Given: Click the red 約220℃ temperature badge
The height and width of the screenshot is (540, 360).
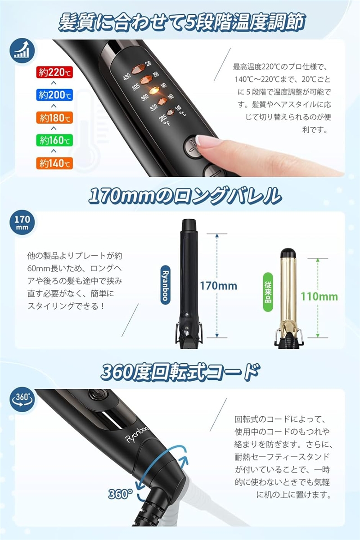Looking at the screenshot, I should [54, 72].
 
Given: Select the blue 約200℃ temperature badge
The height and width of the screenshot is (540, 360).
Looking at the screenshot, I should [54, 95].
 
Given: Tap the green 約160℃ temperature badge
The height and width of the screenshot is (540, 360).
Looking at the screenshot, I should [54, 140].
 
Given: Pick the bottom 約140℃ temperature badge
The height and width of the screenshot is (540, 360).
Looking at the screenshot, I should [54, 163].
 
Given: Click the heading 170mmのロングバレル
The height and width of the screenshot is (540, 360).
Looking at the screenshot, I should [184, 196].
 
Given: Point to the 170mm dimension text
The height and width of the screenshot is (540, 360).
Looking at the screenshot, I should [219, 286].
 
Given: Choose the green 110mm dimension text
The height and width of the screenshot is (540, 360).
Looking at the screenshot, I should [319, 297].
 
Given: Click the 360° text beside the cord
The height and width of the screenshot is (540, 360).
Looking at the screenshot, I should [120, 494].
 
